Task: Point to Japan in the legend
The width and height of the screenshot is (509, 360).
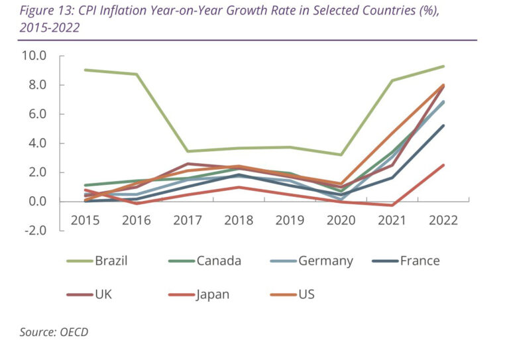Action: click(x=213, y=294)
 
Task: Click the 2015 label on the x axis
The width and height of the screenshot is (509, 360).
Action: click(x=85, y=220)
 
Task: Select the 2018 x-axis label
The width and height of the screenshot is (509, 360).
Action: click(x=239, y=220)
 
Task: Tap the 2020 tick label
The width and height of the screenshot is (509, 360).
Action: click(x=341, y=220)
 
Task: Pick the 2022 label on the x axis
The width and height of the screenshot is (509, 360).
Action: click(x=443, y=220)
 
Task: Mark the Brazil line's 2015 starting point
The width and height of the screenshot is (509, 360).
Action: click(x=85, y=70)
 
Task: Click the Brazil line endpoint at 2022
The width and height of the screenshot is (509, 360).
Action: click(x=443, y=66)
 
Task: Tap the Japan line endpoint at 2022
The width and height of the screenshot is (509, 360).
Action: click(x=443, y=165)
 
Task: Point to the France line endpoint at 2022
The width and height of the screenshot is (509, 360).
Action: click(x=443, y=125)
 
